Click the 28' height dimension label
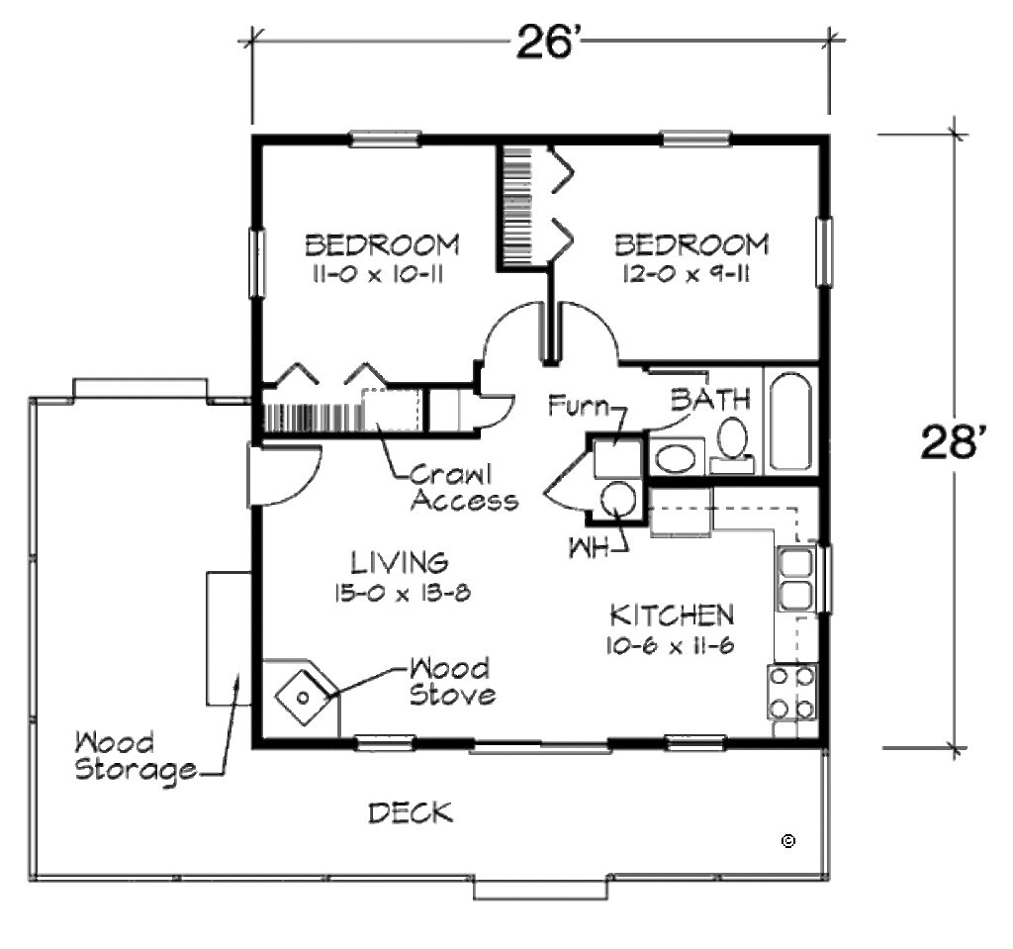click(955, 441)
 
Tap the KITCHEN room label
click(671, 616)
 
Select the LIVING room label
click(400, 562)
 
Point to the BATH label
click(710, 401)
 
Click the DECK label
click(411, 813)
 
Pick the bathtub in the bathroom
click(789, 422)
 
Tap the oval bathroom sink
click(677, 459)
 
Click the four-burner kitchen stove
click(792, 693)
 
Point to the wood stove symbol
click(301, 696)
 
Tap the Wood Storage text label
click(138, 757)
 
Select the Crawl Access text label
click(464, 486)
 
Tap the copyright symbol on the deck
click(788, 841)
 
